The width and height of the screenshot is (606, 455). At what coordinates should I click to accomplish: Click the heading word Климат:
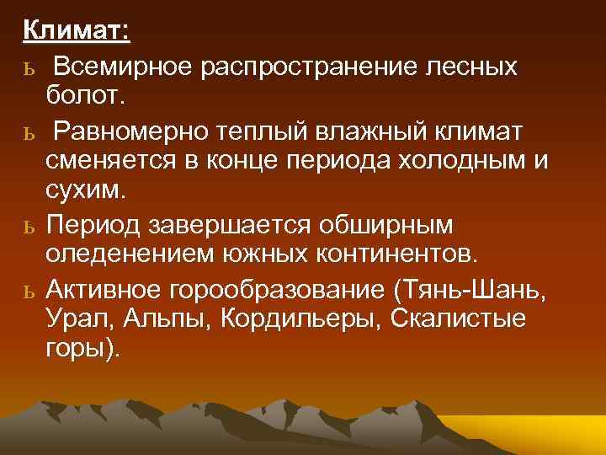pyautogui.click(x=76, y=31)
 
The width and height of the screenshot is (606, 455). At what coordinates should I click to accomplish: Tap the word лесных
pyautogui.click(x=475, y=67)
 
